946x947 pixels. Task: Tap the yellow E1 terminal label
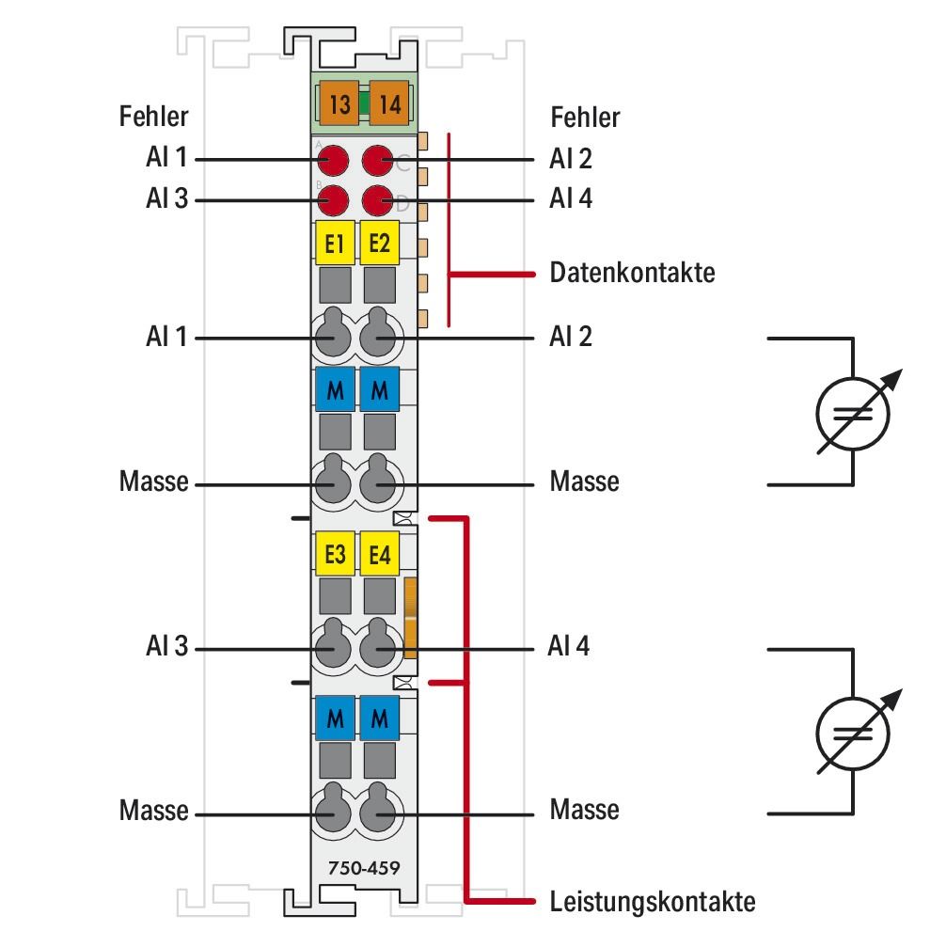point(334,245)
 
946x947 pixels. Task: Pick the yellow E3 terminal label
point(334,556)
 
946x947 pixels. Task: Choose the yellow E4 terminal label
point(380,556)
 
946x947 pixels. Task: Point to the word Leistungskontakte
point(652,902)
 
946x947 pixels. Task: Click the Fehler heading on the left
point(153,118)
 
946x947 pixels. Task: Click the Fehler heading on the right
point(584,118)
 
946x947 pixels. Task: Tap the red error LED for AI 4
point(378,200)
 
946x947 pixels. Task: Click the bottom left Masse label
point(153,810)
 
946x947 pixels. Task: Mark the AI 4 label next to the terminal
point(570,648)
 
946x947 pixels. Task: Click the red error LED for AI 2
point(378,160)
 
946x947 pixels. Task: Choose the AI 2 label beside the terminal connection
point(570,336)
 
